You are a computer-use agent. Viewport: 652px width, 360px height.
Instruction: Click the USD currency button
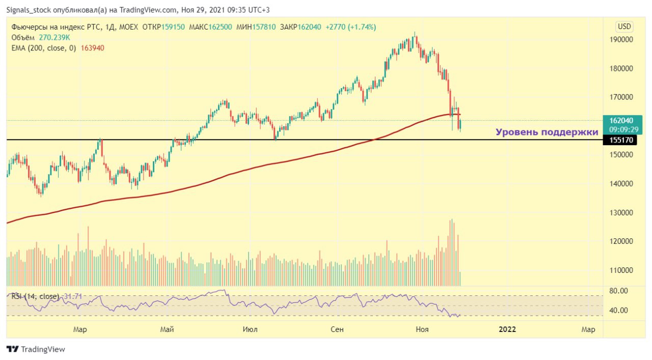coord(624,26)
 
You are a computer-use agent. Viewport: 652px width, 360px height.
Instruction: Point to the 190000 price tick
coord(621,40)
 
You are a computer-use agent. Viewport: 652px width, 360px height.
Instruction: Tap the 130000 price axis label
coord(621,212)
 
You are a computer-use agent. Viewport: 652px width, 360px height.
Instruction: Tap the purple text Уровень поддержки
coord(547,132)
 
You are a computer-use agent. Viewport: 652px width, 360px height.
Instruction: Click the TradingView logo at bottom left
coord(36,349)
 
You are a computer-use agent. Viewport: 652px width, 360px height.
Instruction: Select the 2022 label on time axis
coord(507,329)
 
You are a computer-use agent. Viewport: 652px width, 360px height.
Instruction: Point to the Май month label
coord(167,329)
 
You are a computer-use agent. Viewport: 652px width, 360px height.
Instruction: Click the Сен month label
coord(337,329)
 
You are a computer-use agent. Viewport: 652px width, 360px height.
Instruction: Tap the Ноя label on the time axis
coord(422,329)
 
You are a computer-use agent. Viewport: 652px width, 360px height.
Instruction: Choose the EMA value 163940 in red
coord(93,48)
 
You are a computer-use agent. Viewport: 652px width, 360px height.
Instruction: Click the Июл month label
coord(250,329)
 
